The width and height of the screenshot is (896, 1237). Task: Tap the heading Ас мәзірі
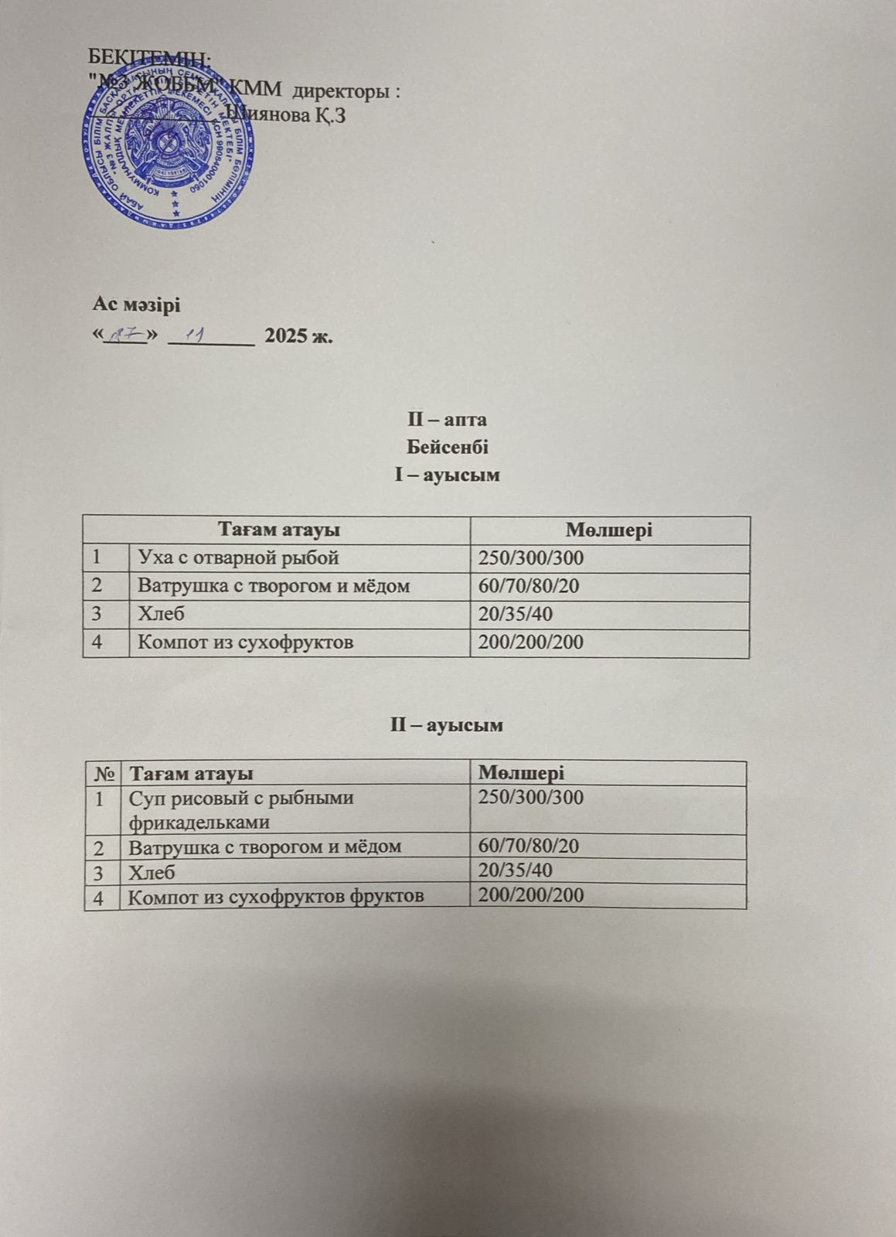137,305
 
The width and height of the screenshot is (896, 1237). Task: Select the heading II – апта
447,420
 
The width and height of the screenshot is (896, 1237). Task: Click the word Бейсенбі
447,447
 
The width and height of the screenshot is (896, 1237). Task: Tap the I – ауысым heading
447,475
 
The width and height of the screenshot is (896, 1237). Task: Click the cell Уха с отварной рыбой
238,558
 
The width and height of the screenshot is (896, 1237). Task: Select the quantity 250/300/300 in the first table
531,558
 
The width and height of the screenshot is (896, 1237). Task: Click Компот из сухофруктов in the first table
245,642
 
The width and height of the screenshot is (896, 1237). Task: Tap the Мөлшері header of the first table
608,530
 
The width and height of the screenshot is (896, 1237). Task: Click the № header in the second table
102,774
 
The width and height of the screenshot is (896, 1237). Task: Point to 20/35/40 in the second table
516,871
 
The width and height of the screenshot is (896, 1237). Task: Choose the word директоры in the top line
349,91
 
